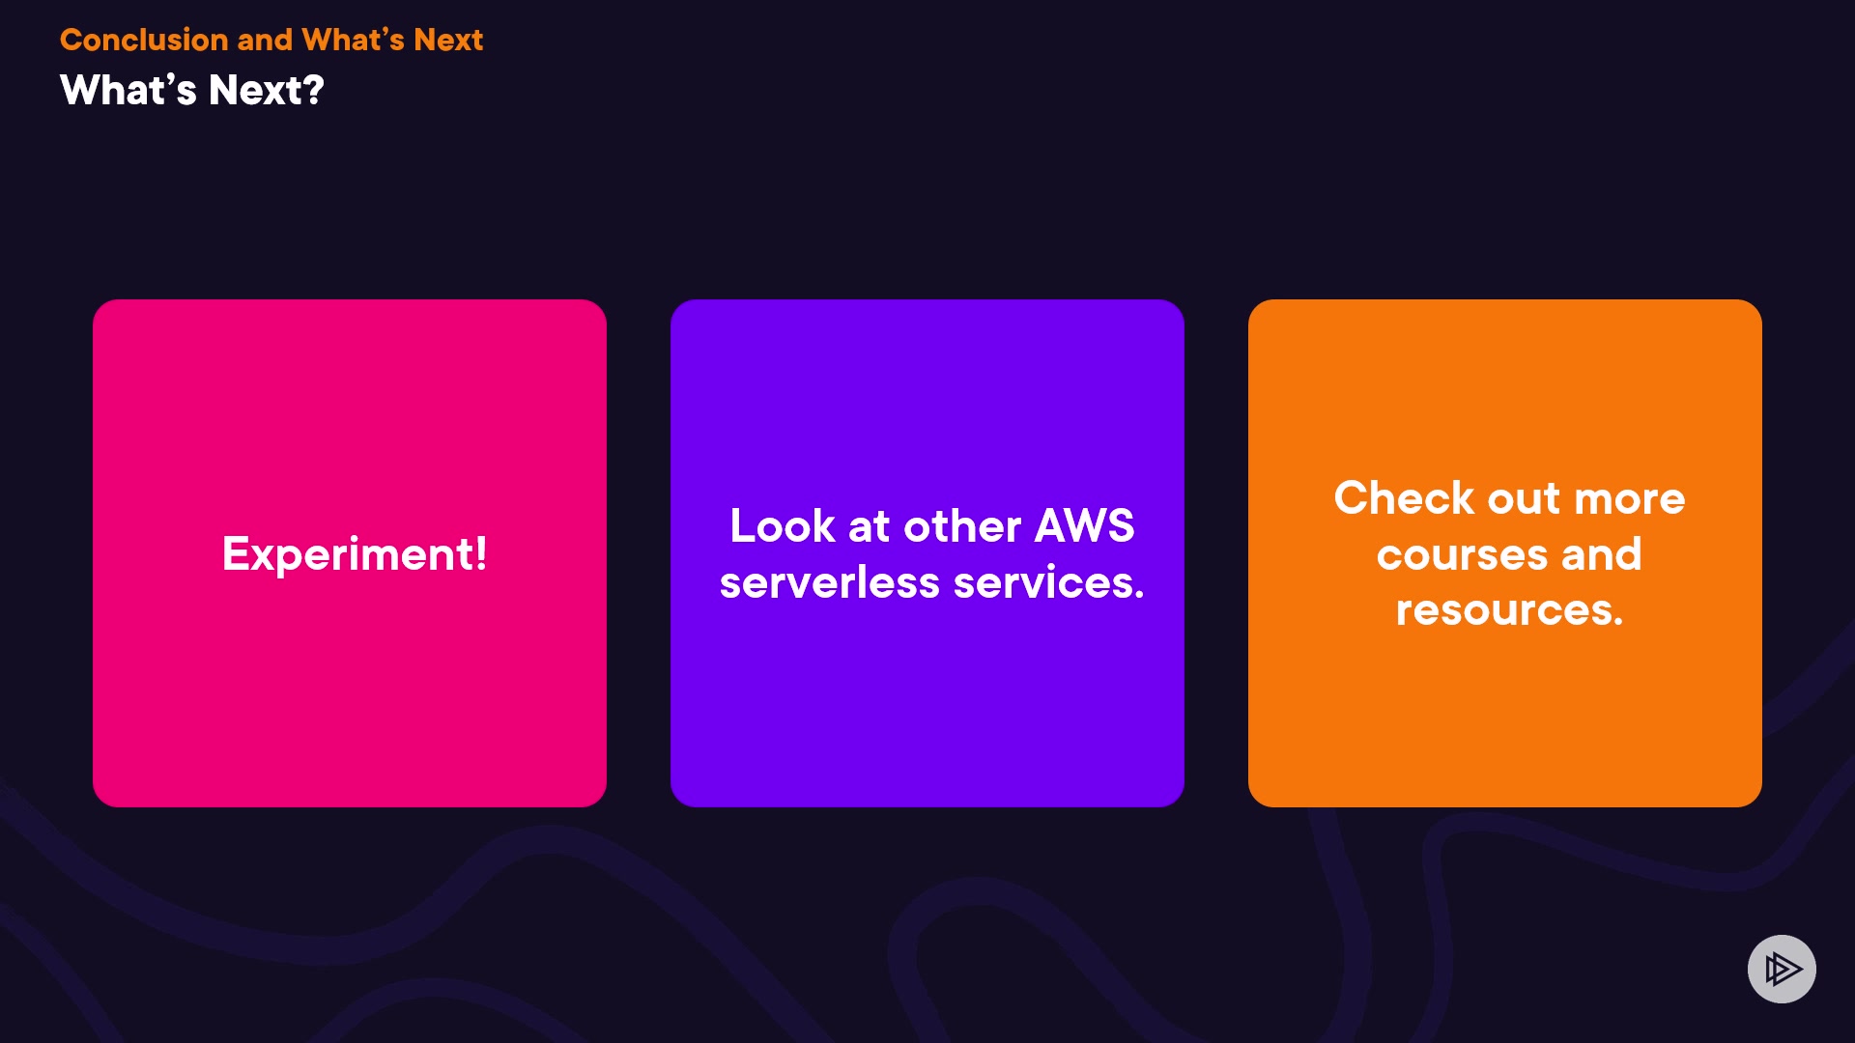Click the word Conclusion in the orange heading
click(x=143, y=40)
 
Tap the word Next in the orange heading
click(x=448, y=40)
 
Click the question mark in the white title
click(x=313, y=90)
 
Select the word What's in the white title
click(x=128, y=90)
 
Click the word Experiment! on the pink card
click(x=354, y=554)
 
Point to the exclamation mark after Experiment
click(x=480, y=553)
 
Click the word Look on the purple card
click(x=783, y=526)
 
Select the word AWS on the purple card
click(x=1084, y=526)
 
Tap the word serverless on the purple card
click(x=829, y=583)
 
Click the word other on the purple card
click(x=962, y=526)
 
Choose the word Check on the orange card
click(x=1404, y=498)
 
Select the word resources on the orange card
click(x=1508, y=610)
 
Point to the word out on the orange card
click(x=1524, y=499)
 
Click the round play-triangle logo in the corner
click(x=1782, y=969)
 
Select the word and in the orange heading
click(x=264, y=40)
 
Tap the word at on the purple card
click(x=869, y=527)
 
